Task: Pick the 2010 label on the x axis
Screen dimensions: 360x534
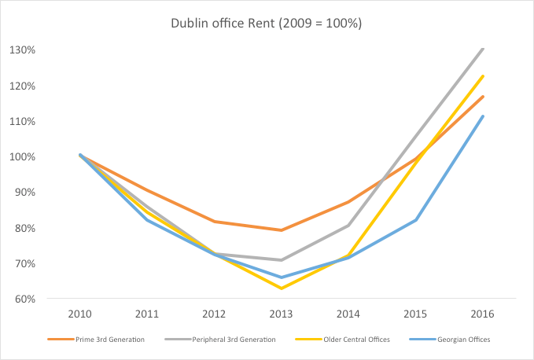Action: tap(79, 314)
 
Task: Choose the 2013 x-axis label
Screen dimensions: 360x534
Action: tap(281, 314)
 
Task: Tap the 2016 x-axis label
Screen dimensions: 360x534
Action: tap(483, 314)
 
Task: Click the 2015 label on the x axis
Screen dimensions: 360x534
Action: tap(415, 314)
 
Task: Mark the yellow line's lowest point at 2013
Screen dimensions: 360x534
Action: tap(281, 288)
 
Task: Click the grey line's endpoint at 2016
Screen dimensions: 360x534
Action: tap(483, 49)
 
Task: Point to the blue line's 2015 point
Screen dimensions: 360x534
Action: tap(415, 220)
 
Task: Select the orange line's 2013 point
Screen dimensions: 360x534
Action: tap(281, 230)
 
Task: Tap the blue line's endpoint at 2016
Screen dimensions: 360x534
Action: tap(483, 116)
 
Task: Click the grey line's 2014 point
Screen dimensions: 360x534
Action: tap(348, 226)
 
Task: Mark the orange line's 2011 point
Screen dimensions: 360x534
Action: tap(146, 190)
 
